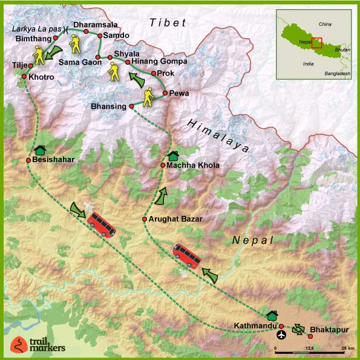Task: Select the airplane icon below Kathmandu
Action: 281,334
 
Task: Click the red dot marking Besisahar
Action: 28,160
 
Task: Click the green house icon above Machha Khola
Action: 172,156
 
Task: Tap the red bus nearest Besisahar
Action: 102,224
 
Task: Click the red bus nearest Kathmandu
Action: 187,255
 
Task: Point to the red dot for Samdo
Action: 100,36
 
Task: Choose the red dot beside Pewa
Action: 165,93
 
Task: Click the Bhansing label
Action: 108,106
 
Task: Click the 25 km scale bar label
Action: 347,349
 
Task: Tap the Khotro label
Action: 41,77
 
